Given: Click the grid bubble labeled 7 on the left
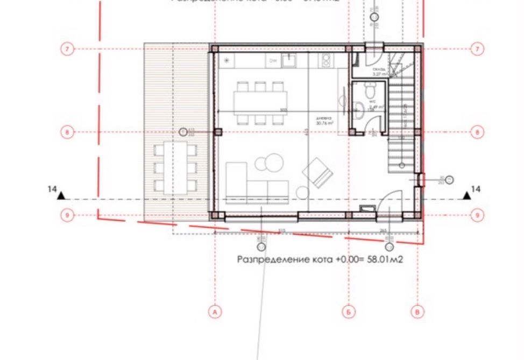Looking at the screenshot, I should pyautogui.click(x=67, y=49).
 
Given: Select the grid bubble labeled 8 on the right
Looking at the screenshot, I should pyautogui.click(x=477, y=132).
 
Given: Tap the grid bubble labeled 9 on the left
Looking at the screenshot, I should pyautogui.click(x=67, y=215).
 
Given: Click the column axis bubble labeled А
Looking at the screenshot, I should pyautogui.click(x=215, y=312).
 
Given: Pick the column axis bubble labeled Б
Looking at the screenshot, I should pyautogui.click(x=349, y=312).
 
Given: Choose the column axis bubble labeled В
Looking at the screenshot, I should pyautogui.click(x=417, y=312).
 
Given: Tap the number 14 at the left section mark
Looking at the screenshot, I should pyautogui.click(x=52, y=189).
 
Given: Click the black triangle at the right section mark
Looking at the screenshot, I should pyautogui.click(x=467, y=196).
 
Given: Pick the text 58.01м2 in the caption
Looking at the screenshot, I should pyautogui.click(x=385, y=259).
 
